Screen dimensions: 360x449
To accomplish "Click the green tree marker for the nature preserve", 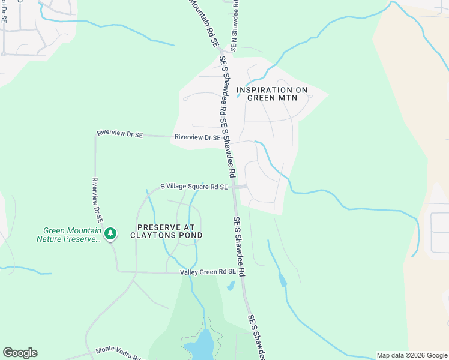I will click(x=110, y=233).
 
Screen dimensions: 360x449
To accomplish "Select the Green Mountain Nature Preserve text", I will click(x=70, y=235).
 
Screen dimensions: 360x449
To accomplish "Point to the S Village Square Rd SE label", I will click(x=194, y=187).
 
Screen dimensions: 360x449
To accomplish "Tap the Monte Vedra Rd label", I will click(x=118, y=353).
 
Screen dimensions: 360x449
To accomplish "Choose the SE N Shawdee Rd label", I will click(x=235, y=24).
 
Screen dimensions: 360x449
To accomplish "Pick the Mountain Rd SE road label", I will click(x=202, y=23).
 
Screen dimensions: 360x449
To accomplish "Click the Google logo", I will click(x=20, y=353).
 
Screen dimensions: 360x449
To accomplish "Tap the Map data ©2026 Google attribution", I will click(x=411, y=355).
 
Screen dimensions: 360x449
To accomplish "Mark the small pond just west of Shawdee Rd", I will click(x=230, y=286).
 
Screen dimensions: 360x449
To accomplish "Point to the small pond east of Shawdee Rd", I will click(x=282, y=279).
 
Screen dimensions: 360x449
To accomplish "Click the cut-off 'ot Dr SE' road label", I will click(x=4, y=11).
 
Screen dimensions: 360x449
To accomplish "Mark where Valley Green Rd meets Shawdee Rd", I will click(x=242, y=273).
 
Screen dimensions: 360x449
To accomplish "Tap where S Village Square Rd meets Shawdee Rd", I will click(x=235, y=187).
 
